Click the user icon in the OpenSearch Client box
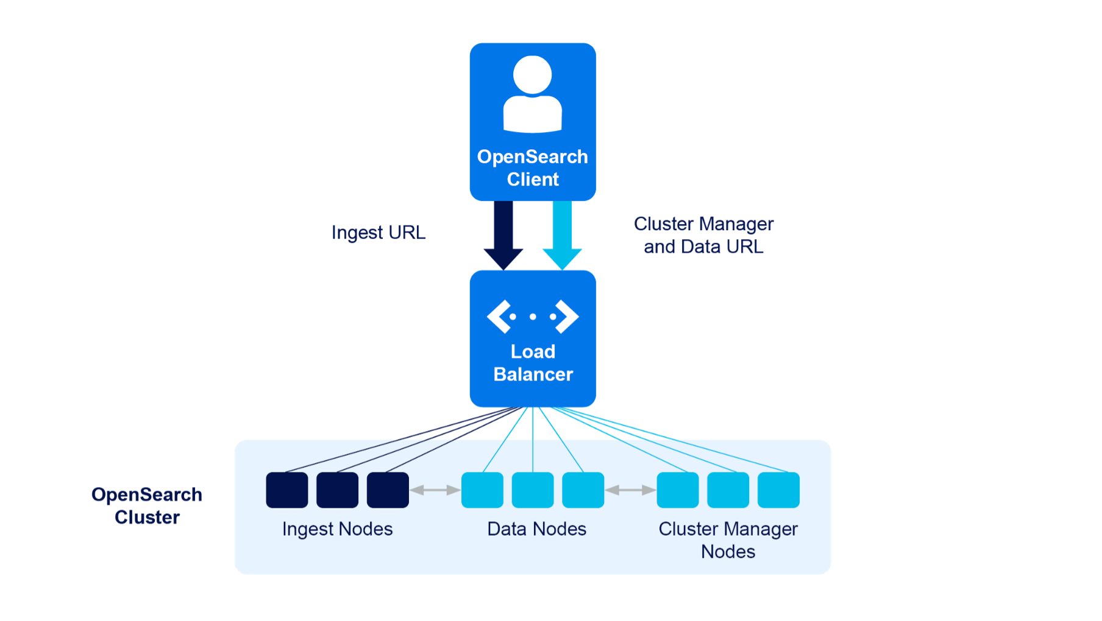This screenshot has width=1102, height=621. [x=533, y=94]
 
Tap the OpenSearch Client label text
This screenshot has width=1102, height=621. [x=533, y=168]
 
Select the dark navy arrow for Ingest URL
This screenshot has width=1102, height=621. [x=503, y=235]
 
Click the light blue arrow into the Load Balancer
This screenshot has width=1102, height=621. [x=562, y=235]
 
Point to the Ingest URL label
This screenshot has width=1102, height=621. [x=379, y=233]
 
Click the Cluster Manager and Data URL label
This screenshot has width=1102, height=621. [x=703, y=235]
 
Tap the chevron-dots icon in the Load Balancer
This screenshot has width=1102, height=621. [x=533, y=317]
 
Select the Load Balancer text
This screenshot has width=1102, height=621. [x=533, y=363]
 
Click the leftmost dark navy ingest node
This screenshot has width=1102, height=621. [x=287, y=490]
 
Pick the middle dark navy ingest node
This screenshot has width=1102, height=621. [x=338, y=490]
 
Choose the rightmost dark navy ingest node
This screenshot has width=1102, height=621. [x=388, y=490]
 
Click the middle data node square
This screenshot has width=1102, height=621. [x=533, y=490]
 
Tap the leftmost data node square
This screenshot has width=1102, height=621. [x=483, y=490]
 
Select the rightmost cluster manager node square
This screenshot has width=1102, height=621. [x=778, y=490]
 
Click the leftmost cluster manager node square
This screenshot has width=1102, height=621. [x=678, y=490]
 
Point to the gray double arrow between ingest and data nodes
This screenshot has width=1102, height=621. [x=435, y=490]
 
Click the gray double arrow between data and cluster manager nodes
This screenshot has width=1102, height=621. [x=630, y=490]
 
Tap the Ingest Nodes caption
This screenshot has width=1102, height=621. [x=338, y=529]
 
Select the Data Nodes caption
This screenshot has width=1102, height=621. [x=537, y=529]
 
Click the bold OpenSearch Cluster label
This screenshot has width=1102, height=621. [x=147, y=506]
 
